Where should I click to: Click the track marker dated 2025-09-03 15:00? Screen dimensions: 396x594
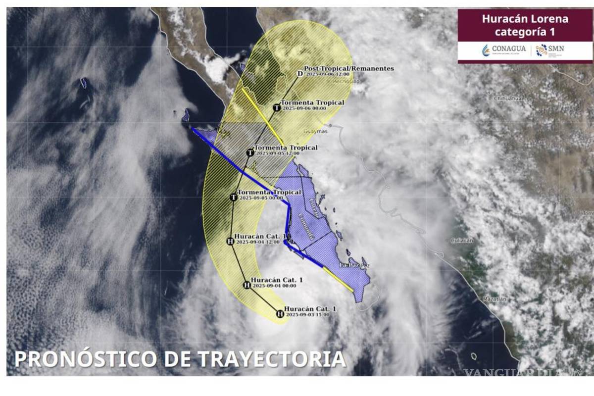280,314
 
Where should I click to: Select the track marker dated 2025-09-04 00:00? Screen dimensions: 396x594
247,285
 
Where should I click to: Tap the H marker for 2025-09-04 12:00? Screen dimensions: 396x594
229,242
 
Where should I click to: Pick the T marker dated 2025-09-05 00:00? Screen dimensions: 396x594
234,197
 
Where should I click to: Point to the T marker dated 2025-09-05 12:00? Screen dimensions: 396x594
249,152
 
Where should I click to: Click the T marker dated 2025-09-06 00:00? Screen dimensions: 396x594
277,107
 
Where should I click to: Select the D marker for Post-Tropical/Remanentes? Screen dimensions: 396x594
299,74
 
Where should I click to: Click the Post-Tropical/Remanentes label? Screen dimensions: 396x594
349,68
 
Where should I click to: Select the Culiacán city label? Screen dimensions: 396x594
462,240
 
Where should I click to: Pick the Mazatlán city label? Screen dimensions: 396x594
495,299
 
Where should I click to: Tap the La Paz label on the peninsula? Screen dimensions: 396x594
349,266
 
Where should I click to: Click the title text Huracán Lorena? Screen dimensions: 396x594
525,19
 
